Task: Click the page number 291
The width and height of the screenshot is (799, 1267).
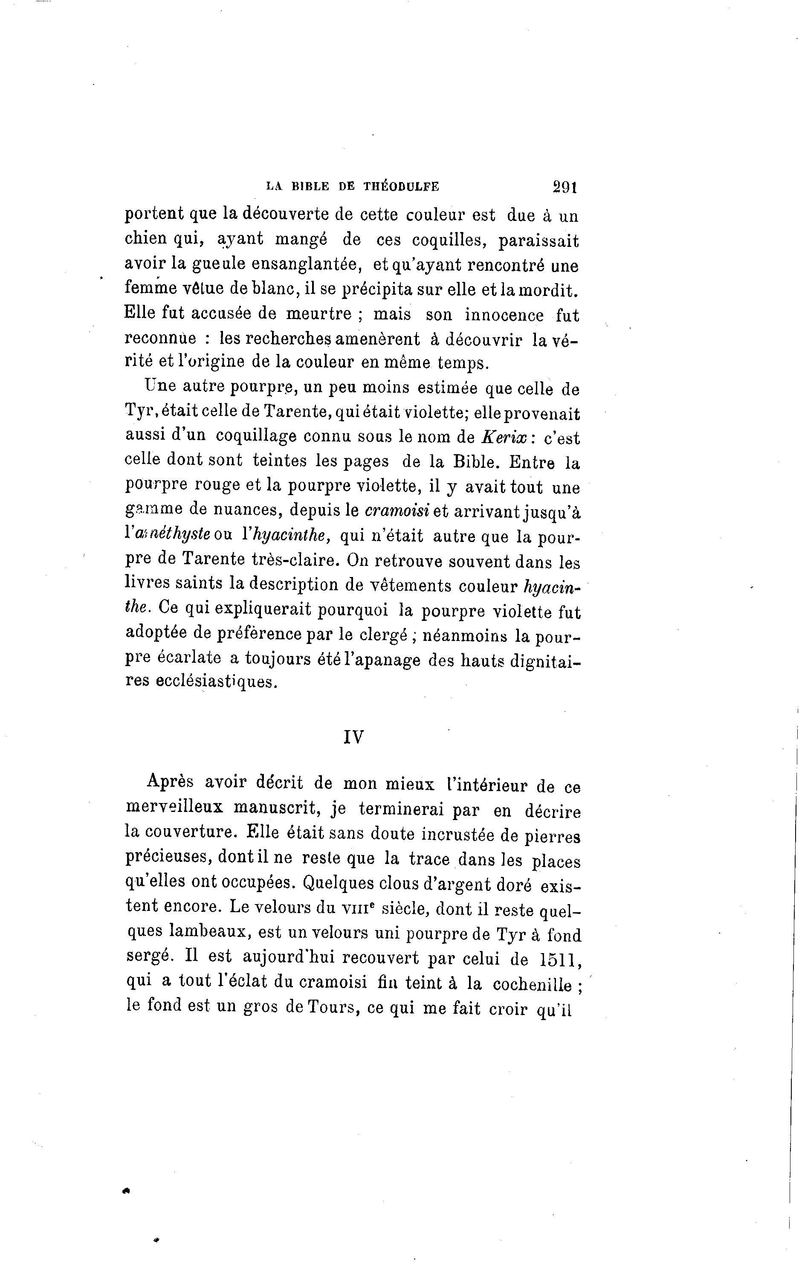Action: tap(565, 186)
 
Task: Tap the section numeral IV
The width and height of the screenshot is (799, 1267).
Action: tap(353, 738)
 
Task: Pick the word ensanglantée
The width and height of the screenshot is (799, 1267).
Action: tap(306, 264)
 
